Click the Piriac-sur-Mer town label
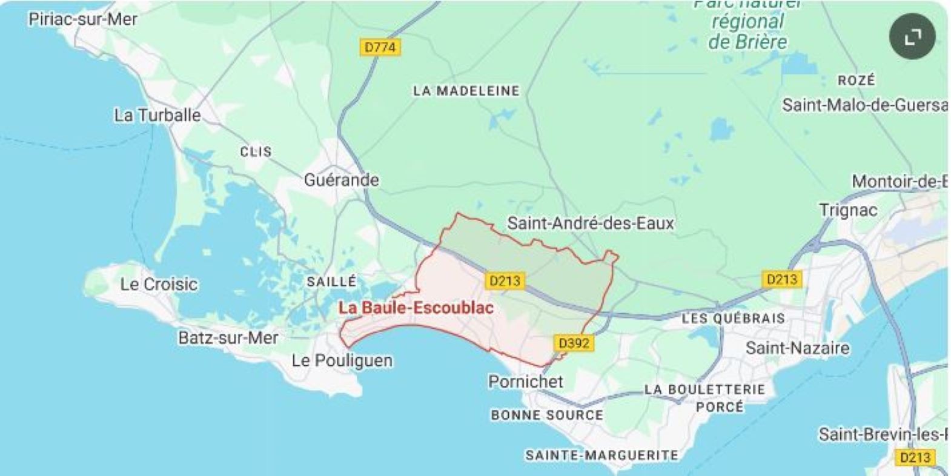(x=83, y=19)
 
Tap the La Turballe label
(x=157, y=115)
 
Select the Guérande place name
(x=342, y=180)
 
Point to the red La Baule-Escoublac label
(x=416, y=308)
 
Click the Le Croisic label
(x=159, y=284)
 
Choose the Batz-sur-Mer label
(x=228, y=337)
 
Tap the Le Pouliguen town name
(x=342, y=360)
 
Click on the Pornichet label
(x=526, y=382)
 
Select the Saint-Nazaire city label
(x=797, y=348)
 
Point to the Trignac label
(x=848, y=210)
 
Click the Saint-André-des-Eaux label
(x=591, y=223)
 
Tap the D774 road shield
(x=380, y=47)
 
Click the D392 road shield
(x=574, y=343)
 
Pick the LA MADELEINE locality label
(x=466, y=91)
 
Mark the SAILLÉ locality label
(x=331, y=282)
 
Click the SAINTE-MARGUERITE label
(x=601, y=455)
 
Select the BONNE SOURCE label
(x=547, y=415)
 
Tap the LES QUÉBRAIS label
(x=733, y=319)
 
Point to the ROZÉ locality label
(x=857, y=80)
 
